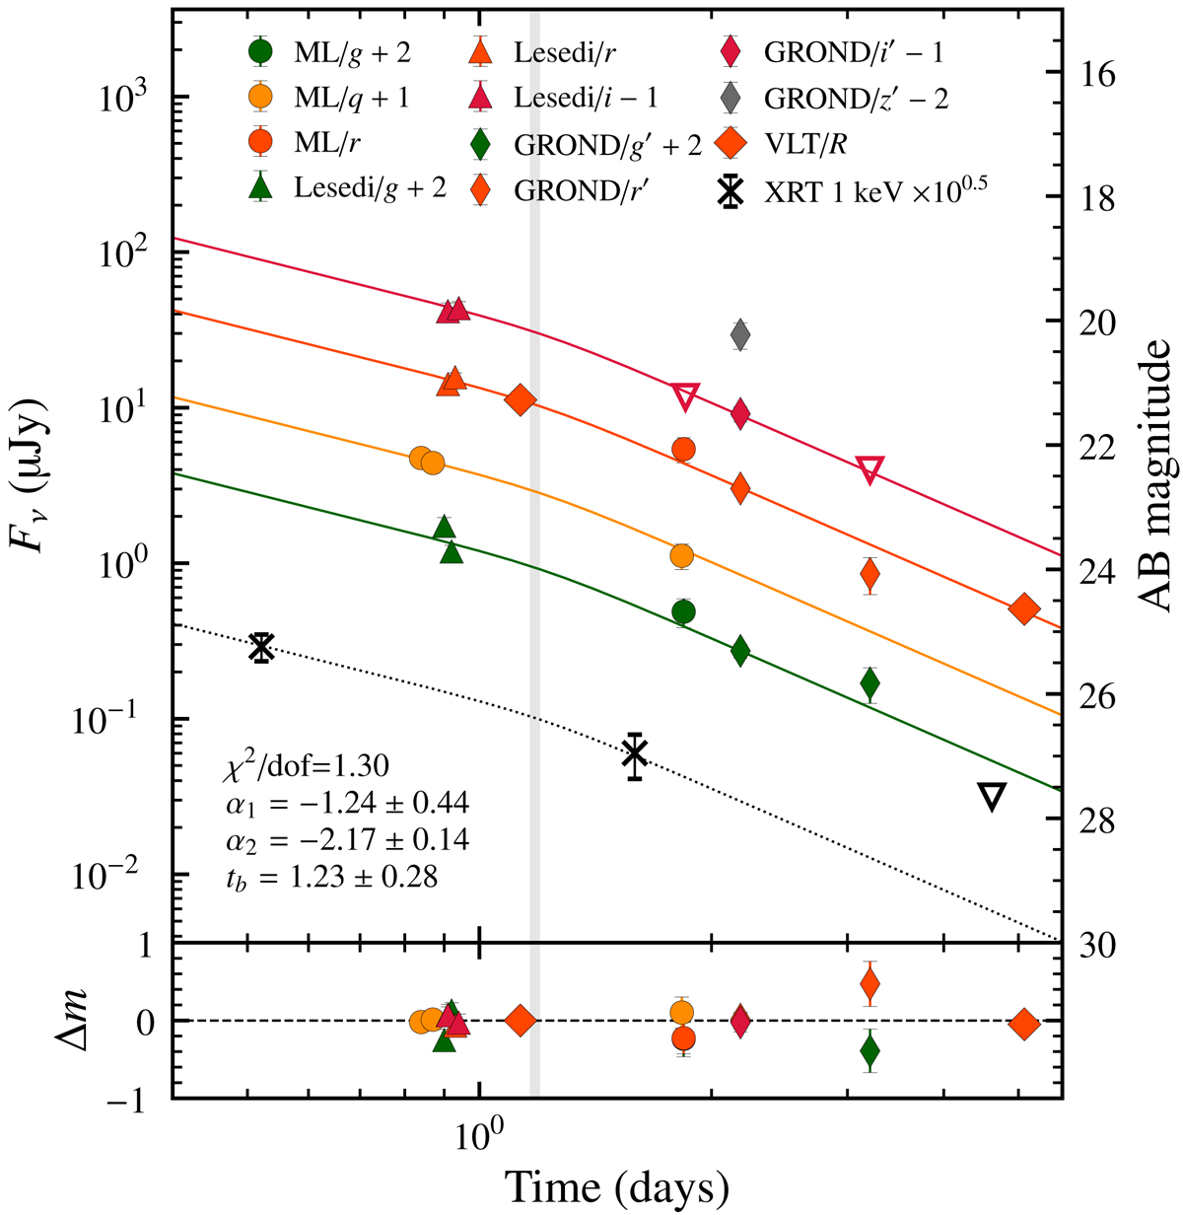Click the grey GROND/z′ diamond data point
pyautogui.click(x=740, y=335)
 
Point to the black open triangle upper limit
pyautogui.click(x=992, y=798)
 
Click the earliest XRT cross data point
pyautogui.click(x=261, y=648)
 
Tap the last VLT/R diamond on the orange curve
pyautogui.click(x=1025, y=609)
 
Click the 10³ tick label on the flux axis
pyautogui.click(x=123, y=97)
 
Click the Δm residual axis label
pyautogui.click(x=37, y=1020)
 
